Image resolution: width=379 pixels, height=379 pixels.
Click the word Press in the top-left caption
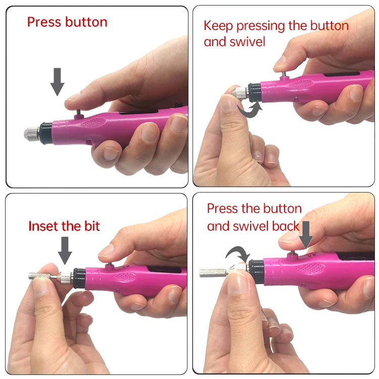(42, 22)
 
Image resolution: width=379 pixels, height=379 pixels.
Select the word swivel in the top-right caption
(248, 41)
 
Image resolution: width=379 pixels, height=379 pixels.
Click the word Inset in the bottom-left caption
(43, 226)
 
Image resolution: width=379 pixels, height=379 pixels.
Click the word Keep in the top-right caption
(218, 26)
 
